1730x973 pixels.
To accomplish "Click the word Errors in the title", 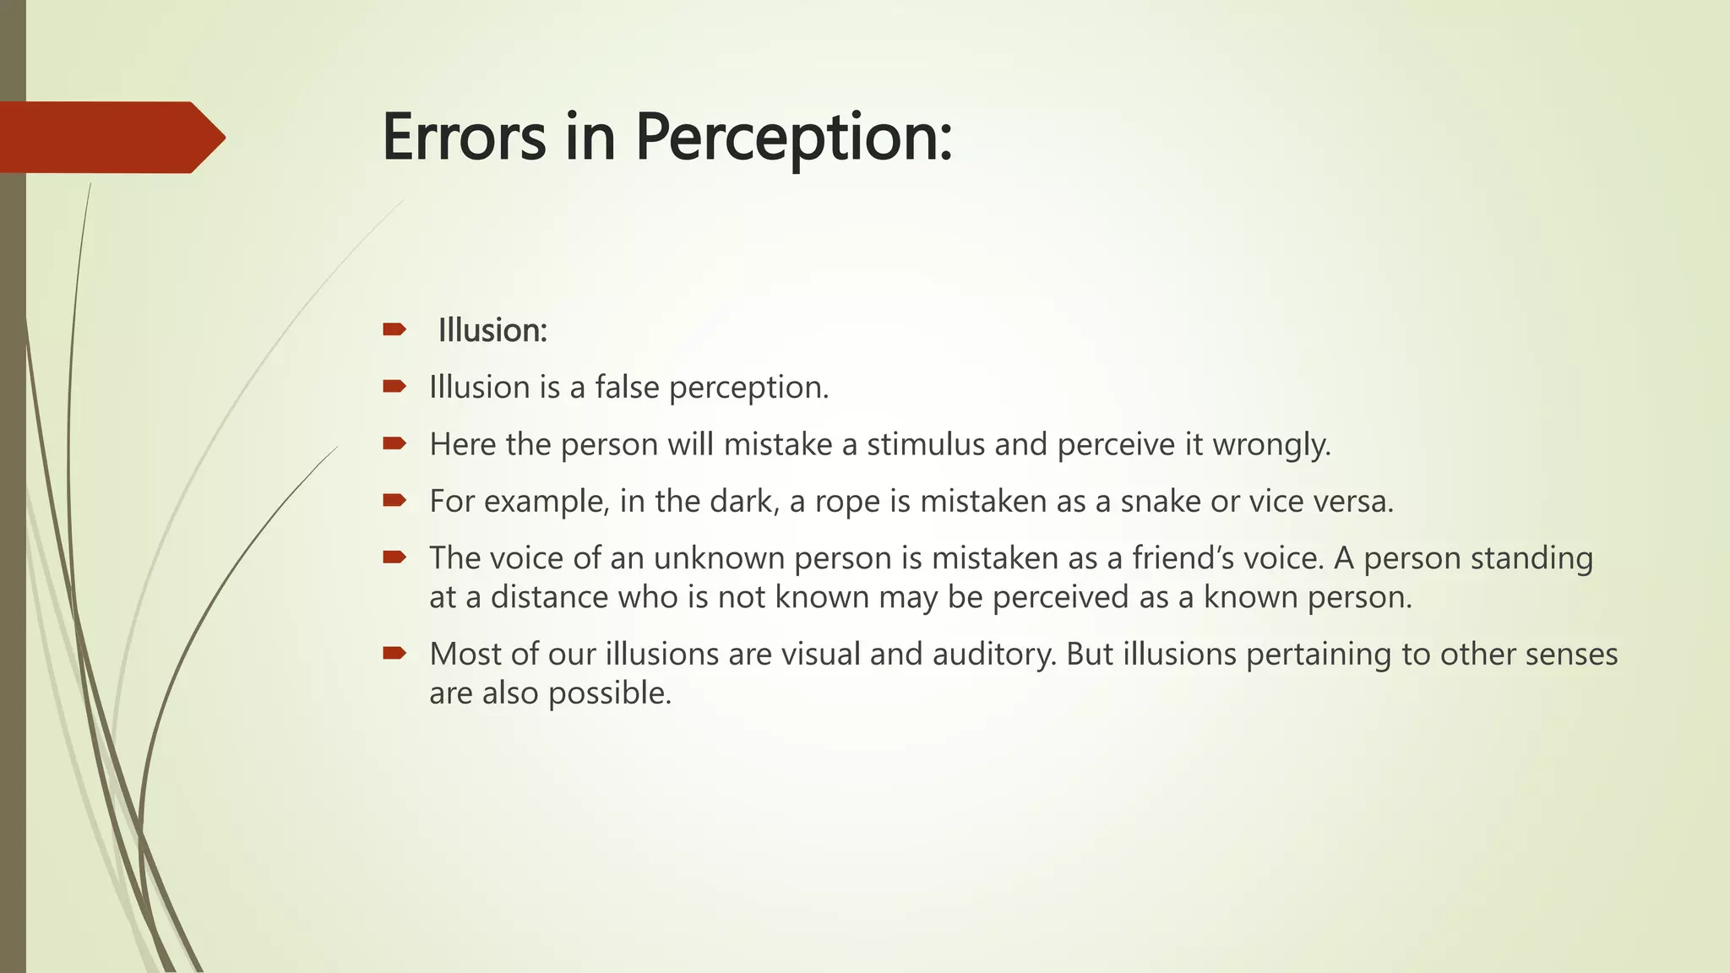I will click(464, 138).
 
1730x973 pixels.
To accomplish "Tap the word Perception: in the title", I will click(794, 139).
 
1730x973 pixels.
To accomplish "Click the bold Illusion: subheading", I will click(492, 330).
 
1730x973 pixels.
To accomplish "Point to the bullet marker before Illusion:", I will click(394, 329).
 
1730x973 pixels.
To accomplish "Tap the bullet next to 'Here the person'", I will click(394, 443).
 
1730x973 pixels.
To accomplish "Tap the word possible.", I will click(609, 693).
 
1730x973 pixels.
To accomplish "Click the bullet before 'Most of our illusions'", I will click(394, 653).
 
